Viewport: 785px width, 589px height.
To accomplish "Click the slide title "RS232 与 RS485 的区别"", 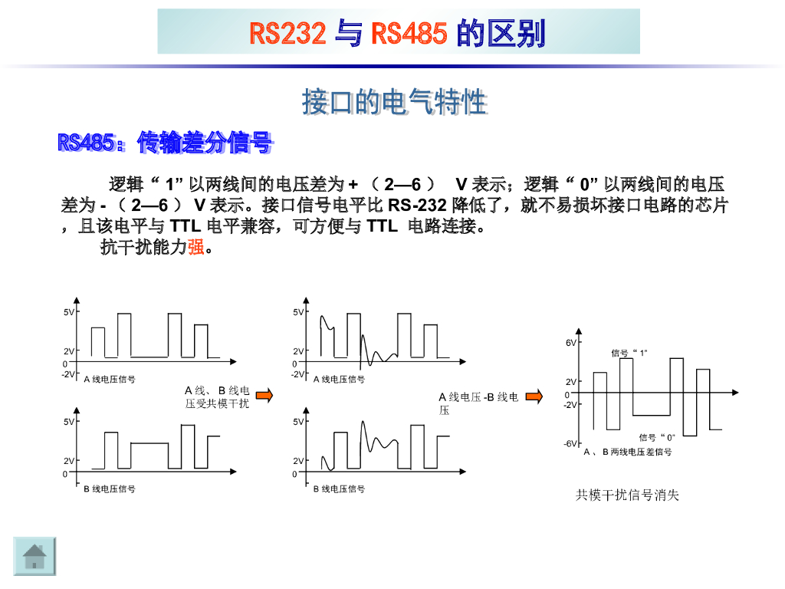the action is [x=398, y=33].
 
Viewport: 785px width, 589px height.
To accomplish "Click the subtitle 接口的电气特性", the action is [x=394, y=101].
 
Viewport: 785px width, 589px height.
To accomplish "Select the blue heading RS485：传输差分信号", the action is [x=165, y=142].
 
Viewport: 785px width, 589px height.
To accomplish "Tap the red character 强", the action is [x=195, y=247].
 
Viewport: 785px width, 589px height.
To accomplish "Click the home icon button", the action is [x=35, y=556].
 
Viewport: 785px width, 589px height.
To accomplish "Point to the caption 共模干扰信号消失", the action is [x=627, y=495].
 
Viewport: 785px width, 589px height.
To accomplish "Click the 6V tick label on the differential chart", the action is [x=571, y=343].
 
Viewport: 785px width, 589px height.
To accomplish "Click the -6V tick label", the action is [x=570, y=444].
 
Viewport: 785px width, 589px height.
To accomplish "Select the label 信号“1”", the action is [x=629, y=353].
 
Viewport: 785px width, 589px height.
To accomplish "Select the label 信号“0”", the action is [x=657, y=437].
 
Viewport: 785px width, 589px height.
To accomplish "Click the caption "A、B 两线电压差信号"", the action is [x=628, y=452].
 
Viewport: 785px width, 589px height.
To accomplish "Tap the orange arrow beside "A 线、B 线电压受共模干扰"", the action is [x=264, y=396].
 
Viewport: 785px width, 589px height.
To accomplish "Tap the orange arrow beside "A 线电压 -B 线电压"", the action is [x=534, y=397].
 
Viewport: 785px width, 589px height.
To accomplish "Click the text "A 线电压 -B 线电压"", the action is [x=478, y=403].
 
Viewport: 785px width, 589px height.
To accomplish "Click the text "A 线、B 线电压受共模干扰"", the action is [x=218, y=397].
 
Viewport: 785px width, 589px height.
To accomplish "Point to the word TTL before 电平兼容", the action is [x=184, y=226].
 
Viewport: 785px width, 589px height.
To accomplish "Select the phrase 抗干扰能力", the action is [x=144, y=247].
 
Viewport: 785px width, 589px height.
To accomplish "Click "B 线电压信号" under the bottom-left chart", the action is [x=110, y=489].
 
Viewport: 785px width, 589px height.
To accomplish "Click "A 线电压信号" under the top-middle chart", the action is [x=339, y=379].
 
